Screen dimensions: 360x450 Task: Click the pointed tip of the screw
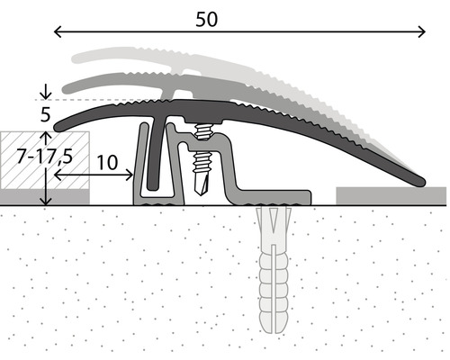(x=204, y=193)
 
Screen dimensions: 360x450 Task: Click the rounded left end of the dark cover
(x=59, y=122)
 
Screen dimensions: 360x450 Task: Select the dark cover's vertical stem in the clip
(x=157, y=157)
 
